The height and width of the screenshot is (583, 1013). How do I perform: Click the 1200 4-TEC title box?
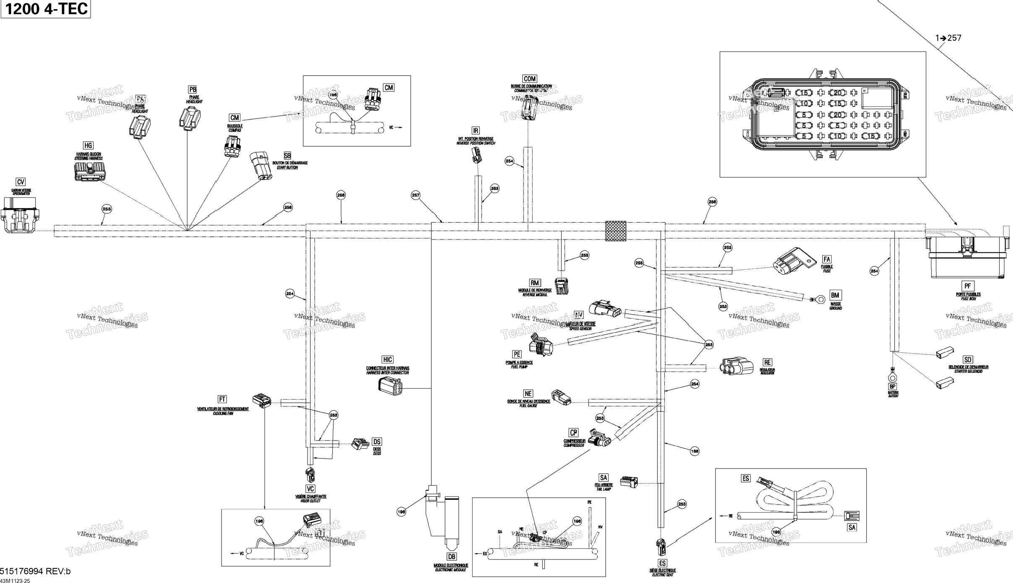pos(45,9)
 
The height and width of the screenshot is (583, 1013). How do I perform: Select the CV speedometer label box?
pos(21,182)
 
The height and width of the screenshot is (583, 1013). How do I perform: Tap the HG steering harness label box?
pos(88,146)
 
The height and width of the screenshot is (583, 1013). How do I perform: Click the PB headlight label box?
pos(193,89)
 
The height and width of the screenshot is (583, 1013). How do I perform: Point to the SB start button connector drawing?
pos(260,165)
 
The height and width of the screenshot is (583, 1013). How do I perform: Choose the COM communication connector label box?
pos(529,78)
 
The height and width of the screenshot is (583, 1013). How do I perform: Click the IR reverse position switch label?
pos(475,130)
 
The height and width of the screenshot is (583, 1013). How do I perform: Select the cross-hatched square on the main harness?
pos(615,231)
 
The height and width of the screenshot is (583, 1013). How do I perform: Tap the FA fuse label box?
pos(826,259)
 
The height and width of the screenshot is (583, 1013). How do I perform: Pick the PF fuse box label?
pos(967,286)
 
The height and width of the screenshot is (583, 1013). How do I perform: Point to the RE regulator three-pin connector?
pos(737,366)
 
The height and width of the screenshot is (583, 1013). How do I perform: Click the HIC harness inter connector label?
pos(387,359)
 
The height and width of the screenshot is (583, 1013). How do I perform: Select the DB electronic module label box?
pos(451,557)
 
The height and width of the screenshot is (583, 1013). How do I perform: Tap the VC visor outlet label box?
pos(310,489)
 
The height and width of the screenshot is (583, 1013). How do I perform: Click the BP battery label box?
pos(892,386)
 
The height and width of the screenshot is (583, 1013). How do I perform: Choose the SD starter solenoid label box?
pos(967,359)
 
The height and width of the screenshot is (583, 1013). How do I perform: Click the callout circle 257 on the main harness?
pos(415,195)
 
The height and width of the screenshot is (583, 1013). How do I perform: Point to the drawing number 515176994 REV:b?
pos(35,571)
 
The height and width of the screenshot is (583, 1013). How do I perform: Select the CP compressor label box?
pos(573,432)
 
